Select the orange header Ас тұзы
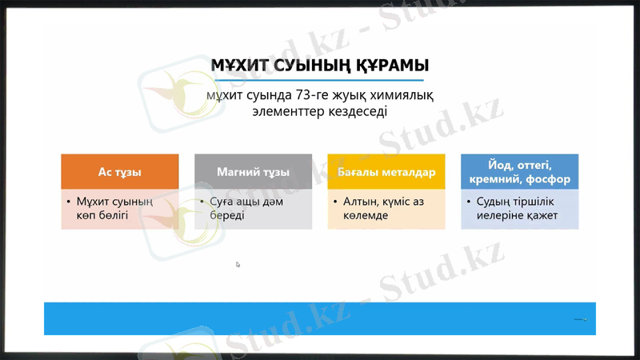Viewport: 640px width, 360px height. (x=120, y=172)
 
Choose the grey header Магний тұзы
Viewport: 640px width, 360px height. (x=253, y=172)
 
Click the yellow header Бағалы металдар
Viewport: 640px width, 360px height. (x=386, y=172)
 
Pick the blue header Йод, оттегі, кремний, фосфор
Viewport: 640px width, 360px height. (x=519, y=172)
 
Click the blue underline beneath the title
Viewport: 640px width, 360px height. (x=319, y=80)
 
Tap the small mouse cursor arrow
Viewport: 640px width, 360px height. (x=238, y=264)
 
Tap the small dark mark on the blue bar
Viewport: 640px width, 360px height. (x=581, y=319)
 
